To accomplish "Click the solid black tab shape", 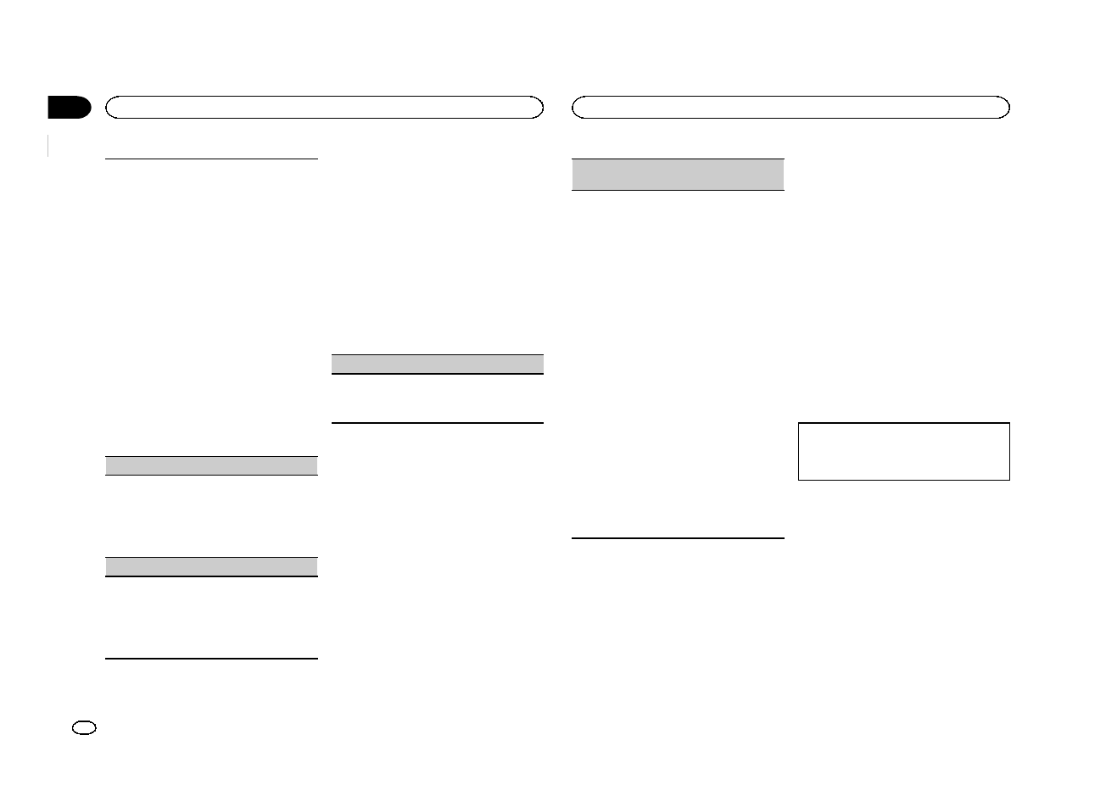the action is pos(68,108).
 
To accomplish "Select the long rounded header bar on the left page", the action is pos(323,107).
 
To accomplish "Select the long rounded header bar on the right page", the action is pos(790,107).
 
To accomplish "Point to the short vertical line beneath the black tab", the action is pos(49,145).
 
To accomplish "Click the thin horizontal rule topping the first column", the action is pos(211,159).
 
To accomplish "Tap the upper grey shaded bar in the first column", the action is pos(211,465).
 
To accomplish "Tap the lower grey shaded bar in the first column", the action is pos(211,566).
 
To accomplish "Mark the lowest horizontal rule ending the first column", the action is pos(211,659).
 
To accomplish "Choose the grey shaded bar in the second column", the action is pos(436,364).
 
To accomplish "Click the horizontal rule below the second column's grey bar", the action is pos(436,422).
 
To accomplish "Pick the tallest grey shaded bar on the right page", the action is pos(678,174).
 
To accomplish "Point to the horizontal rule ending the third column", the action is pos(678,537).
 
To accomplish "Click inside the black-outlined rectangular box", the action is pos(904,452).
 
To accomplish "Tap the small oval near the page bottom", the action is pos(86,727).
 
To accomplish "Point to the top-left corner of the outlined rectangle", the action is pos(799,423).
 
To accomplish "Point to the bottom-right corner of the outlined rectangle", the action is pos(1009,480).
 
